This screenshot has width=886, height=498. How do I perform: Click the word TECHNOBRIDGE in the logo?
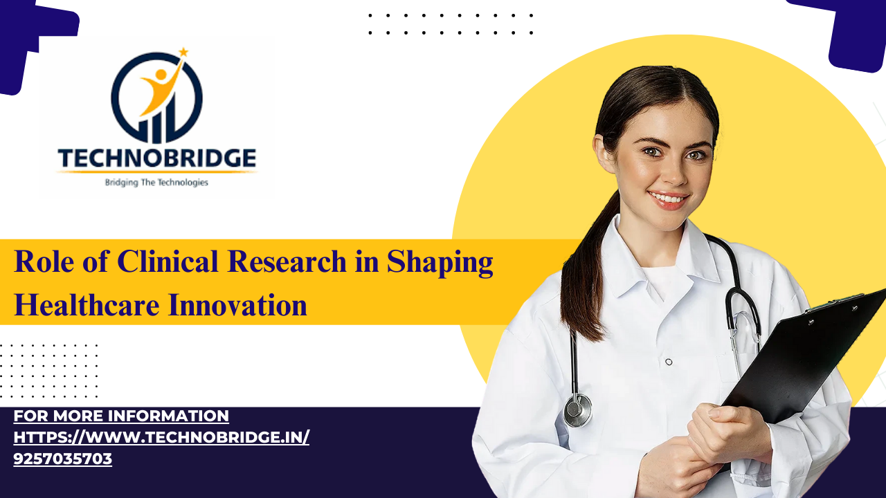pyautogui.click(x=157, y=158)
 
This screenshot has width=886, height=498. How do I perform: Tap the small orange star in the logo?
pyautogui.click(x=183, y=52)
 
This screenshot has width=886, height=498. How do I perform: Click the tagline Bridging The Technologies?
pyautogui.click(x=156, y=183)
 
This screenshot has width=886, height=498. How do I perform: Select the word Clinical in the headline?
pyautogui.click(x=168, y=261)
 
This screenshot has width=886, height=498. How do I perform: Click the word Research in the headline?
pyautogui.click(x=287, y=261)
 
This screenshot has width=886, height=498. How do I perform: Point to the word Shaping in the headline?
pyautogui.click(x=440, y=264)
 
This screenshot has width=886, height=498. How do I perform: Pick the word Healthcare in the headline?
pyautogui.click(x=87, y=305)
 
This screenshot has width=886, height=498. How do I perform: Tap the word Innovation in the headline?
pyautogui.click(x=237, y=305)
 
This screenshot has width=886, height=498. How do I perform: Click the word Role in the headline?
pyautogui.click(x=44, y=261)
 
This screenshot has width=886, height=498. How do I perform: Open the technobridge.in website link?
pyautogui.click(x=161, y=437)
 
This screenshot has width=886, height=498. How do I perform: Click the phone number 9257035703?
pyautogui.click(x=62, y=459)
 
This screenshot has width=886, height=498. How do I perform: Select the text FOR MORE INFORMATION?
pyautogui.click(x=121, y=416)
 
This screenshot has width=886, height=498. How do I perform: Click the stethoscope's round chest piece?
pyautogui.click(x=578, y=410)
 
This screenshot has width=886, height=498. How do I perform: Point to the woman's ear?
pyautogui.click(x=604, y=153)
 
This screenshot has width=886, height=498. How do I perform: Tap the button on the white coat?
pyautogui.click(x=669, y=362)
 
